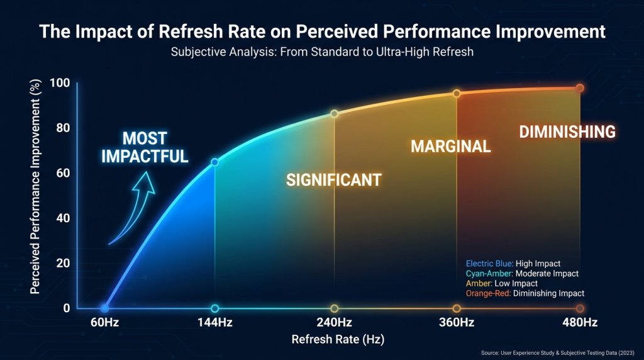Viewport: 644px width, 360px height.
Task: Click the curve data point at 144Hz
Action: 215,162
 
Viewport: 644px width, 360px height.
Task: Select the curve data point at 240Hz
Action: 335,113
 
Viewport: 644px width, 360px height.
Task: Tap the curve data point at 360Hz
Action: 457,93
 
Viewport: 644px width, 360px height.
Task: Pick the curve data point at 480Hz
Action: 580,88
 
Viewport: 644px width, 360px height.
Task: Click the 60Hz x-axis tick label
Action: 104,323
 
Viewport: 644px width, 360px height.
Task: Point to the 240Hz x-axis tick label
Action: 335,323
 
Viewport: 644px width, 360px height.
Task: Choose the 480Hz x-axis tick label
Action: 580,323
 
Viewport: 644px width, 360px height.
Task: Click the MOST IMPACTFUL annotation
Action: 145,147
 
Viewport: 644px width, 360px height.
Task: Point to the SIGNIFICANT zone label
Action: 334,180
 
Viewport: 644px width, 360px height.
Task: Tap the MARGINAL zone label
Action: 450,147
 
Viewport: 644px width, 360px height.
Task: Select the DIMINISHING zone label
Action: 567,132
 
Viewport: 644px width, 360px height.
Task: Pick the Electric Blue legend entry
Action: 513,264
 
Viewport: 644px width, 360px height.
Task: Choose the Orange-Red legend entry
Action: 525,293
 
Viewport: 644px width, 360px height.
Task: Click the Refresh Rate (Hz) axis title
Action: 338,339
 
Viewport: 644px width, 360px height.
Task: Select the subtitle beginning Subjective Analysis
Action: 322,52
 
